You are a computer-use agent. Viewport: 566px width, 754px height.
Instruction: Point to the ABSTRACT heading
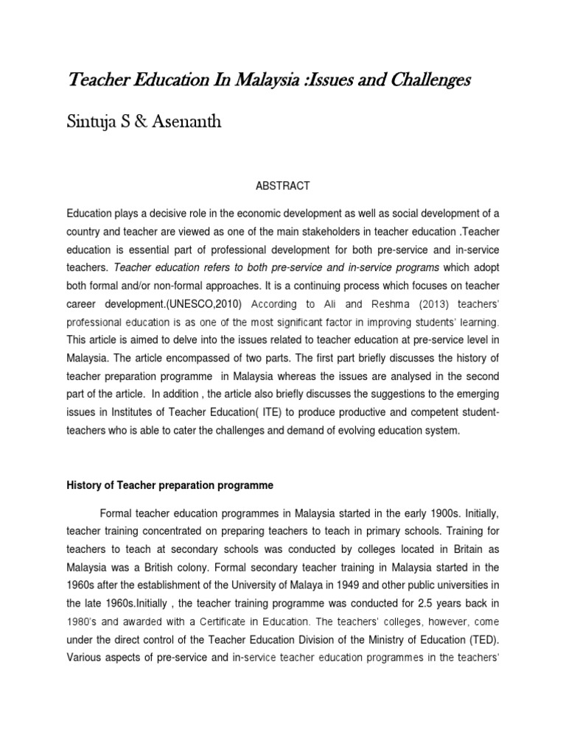click(x=283, y=186)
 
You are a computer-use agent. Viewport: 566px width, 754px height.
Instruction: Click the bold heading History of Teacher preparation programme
click(x=170, y=485)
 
